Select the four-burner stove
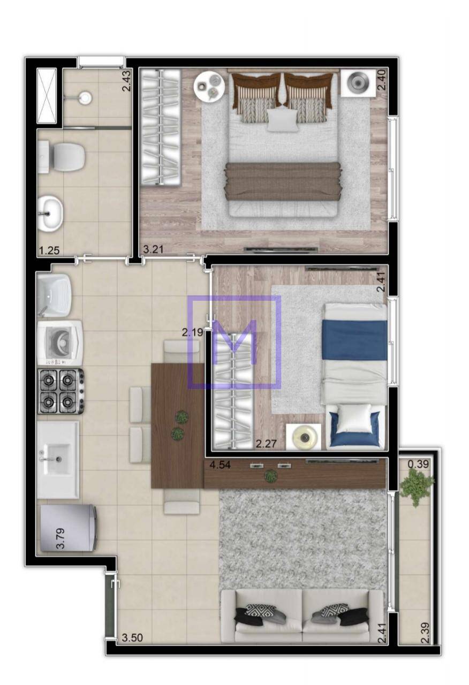(x=60, y=391)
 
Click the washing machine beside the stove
(x=60, y=343)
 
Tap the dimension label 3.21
(x=153, y=249)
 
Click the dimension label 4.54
(x=220, y=465)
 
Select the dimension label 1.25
(x=49, y=250)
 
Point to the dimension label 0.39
(x=419, y=464)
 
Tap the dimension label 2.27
(x=266, y=443)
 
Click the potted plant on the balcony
(x=417, y=486)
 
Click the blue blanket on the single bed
(x=355, y=340)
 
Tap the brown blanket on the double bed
(x=283, y=181)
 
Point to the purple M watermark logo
(x=234, y=342)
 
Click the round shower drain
(x=85, y=97)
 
